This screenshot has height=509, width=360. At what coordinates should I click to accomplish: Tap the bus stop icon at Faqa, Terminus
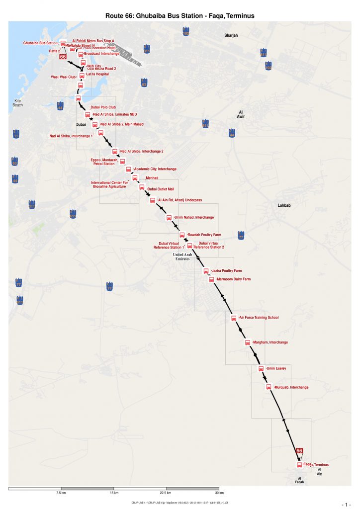pyautogui.click(x=299, y=465)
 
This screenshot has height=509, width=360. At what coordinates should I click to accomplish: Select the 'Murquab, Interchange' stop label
pyautogui.click(x=292, y=387)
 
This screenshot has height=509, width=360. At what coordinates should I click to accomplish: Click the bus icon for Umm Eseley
pyautogui.click(x=261, y=368)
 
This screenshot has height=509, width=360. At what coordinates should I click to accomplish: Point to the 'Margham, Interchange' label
pyautogui.click(x=270, y=342)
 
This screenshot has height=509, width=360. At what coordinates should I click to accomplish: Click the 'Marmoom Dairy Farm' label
pyautogui.click(x=233, y=279)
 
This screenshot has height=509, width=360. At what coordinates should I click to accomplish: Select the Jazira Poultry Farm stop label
pyautogui.click(x=227, y=271)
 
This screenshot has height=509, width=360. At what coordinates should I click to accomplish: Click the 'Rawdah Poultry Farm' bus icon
pyautogui.click(x=182, y=235)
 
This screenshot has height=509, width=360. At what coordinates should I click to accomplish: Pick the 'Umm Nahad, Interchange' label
pyautogui.click(x=194, y=217)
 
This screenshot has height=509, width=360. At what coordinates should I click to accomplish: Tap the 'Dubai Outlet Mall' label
pyautogui.click(x=161, y=189)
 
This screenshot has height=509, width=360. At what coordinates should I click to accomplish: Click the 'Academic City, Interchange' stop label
pyautogui.click(x=155, y=169)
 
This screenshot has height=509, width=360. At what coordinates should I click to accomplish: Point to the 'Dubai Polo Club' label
pyautogui.click(x=103, y=107)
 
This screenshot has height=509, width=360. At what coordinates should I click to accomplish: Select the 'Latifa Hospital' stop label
pyautogui.click(x=97, y=74)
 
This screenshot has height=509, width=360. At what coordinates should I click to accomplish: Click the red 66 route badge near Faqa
pyautogui.click(x=299, y=450)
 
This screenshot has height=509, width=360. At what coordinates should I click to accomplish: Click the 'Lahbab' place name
pyautogui.click(x=284, y=205)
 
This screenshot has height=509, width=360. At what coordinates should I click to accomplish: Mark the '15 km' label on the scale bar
pyautogui.click(x=114, y=493)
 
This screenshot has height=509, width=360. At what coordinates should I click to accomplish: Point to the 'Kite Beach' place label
pyautogui.click(x=17, y=103)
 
